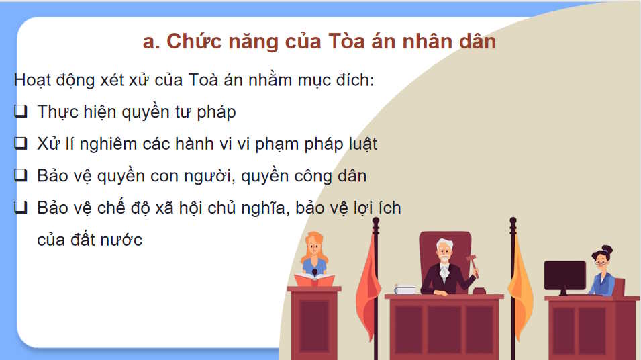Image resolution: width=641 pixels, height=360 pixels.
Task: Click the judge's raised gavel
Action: click(x=472, y=259)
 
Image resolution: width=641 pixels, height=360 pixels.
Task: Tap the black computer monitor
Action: click(x=564, y=275)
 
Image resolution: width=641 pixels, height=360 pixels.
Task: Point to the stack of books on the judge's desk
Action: click(x=405, y=289)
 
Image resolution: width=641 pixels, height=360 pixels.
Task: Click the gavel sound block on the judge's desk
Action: click(x=479, y=290)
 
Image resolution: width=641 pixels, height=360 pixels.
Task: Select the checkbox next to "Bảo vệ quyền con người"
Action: click(x=21, y=175)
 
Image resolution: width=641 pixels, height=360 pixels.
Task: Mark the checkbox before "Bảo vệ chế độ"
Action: click(x=21, y=208)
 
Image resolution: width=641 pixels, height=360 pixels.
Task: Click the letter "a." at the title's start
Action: click(x=152, y=42)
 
